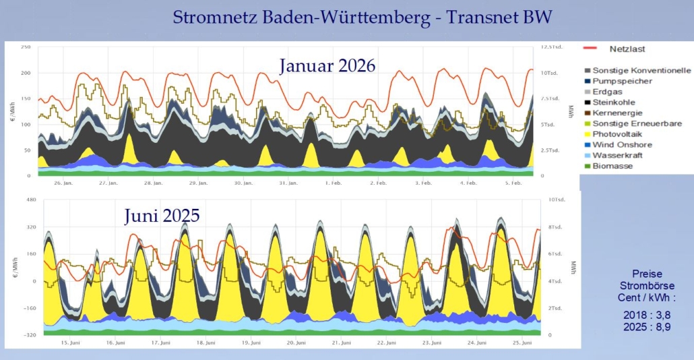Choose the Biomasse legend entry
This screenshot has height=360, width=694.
click(x=612, y=166)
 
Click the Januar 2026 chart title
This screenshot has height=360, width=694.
click(x=327, y=66)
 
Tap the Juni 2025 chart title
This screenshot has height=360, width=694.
click(x=162, y=216)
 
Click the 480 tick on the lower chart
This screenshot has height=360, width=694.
click(x=30, y=200)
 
